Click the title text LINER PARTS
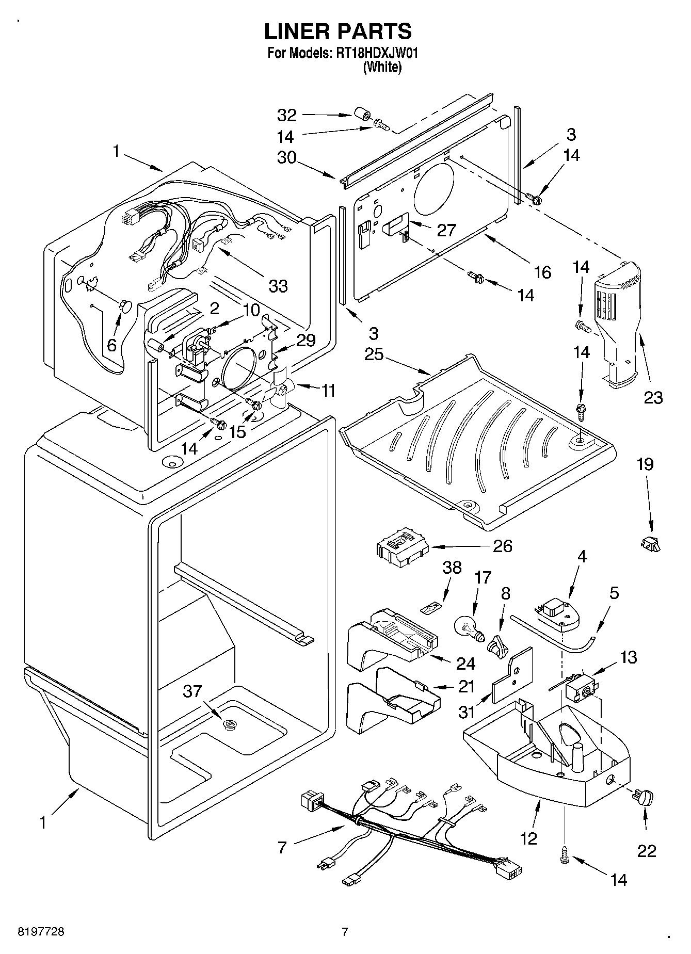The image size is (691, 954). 338,32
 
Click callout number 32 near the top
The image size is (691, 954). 287,115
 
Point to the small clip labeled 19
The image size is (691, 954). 651,543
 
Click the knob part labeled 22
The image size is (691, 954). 643,797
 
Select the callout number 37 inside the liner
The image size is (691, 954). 192,691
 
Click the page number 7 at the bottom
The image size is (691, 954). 345,932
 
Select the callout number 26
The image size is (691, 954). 503,546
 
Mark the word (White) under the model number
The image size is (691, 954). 382,67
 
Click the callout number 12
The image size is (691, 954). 529,839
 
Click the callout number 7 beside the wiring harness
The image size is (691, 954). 282,848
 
